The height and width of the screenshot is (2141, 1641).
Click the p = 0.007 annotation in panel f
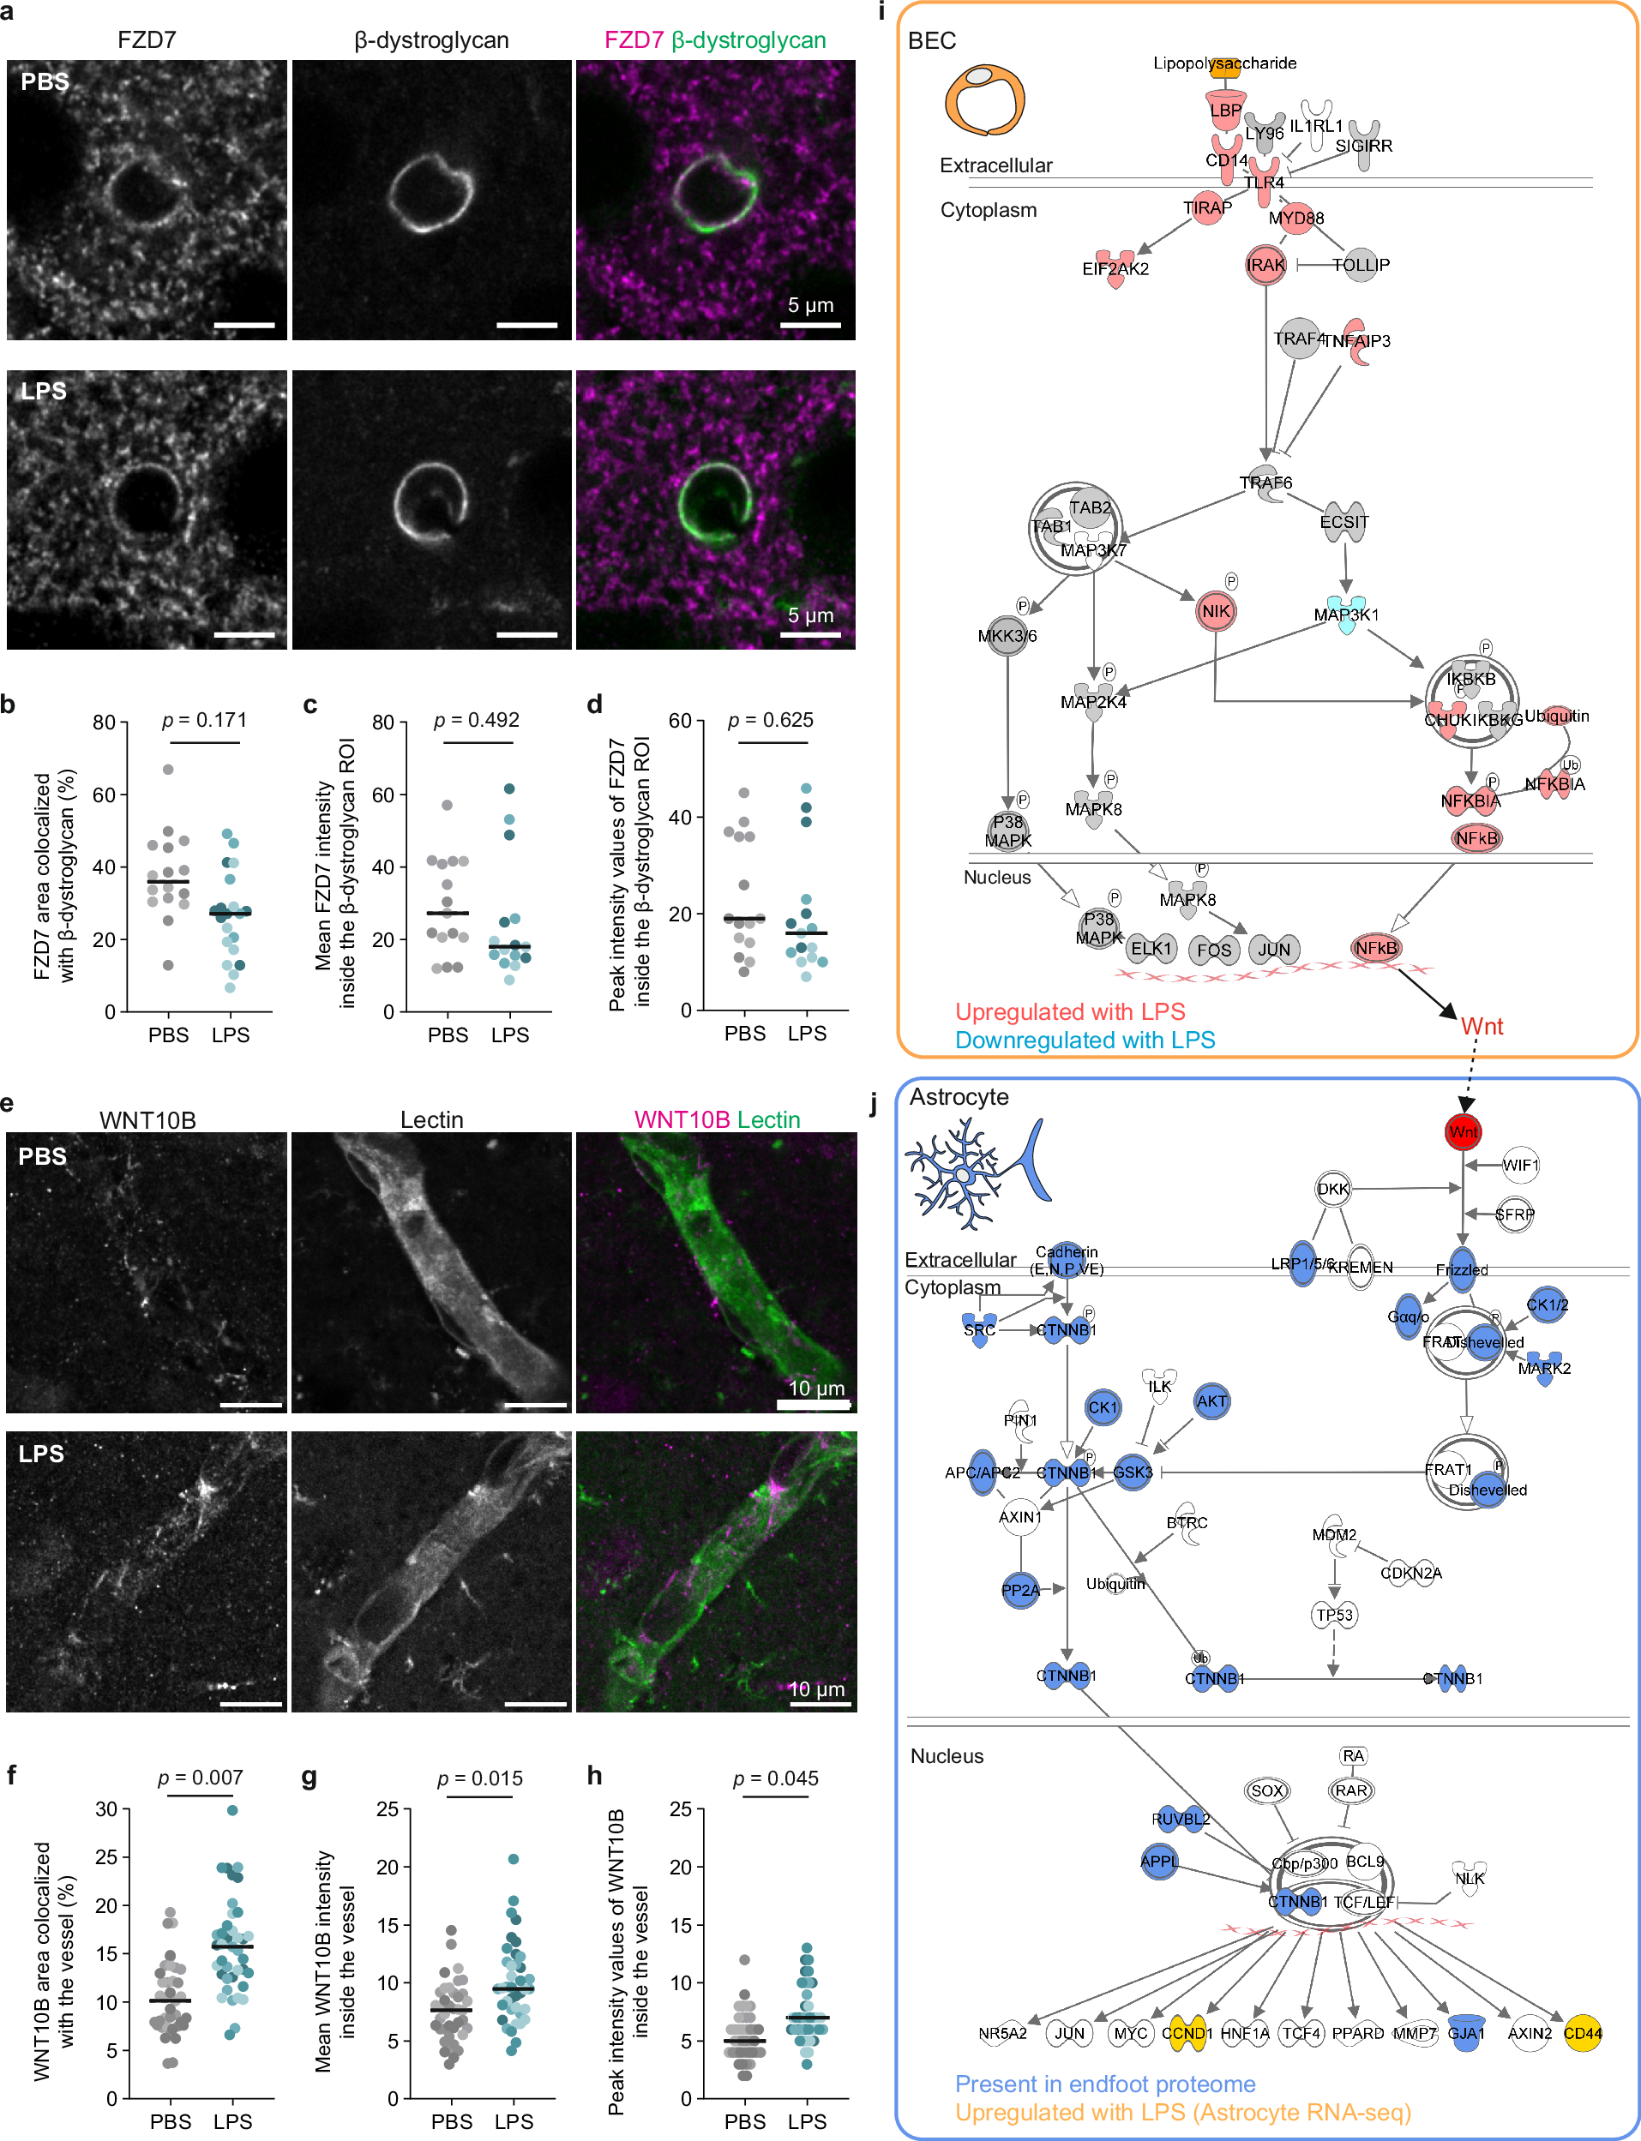201,1777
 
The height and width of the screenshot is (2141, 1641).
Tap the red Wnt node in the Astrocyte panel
1463,1131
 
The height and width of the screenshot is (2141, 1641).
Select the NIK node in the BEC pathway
1215,611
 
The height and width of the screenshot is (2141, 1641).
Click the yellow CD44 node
1583,2033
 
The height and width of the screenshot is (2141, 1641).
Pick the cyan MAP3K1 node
1346,614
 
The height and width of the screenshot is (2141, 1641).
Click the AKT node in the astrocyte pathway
1211,1401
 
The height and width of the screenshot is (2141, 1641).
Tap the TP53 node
1333,1615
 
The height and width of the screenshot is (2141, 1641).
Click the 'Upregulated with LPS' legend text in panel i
1070,1011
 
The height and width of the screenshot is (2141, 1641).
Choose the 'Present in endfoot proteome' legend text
1105,2084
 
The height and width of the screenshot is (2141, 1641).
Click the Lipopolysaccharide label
1224,63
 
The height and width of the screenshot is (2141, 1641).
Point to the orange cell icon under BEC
983,99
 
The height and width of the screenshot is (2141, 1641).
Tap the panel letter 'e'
8,1103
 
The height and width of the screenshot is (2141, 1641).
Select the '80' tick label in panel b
104,723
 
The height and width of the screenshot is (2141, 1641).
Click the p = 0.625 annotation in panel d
771,720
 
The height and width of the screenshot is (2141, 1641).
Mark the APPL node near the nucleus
1158,1861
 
